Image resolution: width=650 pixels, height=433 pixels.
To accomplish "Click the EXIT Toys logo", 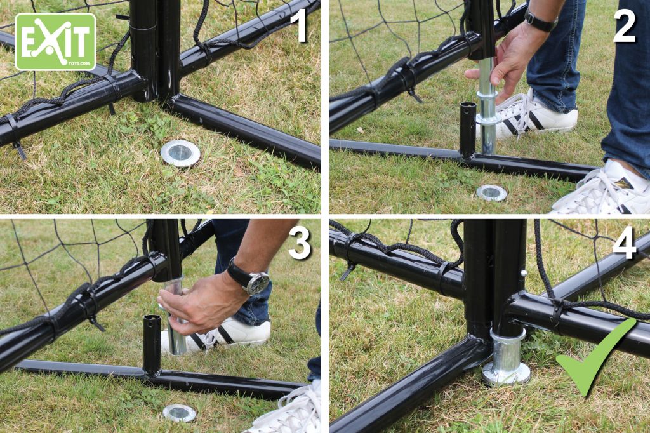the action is [56, 41].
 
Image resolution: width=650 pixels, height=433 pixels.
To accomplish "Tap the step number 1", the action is [301, 26].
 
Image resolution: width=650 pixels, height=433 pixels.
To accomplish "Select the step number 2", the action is [624, 26].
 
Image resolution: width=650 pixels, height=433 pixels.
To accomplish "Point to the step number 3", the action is [300, 243].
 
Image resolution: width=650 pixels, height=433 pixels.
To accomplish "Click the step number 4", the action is [624, 243].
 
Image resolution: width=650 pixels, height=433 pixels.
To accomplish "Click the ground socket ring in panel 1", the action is [180, 154].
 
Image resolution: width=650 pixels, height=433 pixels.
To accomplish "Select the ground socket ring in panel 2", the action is [492, 193].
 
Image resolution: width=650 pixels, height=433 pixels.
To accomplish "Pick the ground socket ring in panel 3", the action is [179, 413].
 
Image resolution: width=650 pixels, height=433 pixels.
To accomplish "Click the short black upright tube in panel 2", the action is [468, 130].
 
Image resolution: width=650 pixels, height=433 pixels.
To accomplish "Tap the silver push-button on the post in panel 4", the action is [524, 273].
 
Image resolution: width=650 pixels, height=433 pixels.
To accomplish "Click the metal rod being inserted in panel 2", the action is [487, 106].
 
